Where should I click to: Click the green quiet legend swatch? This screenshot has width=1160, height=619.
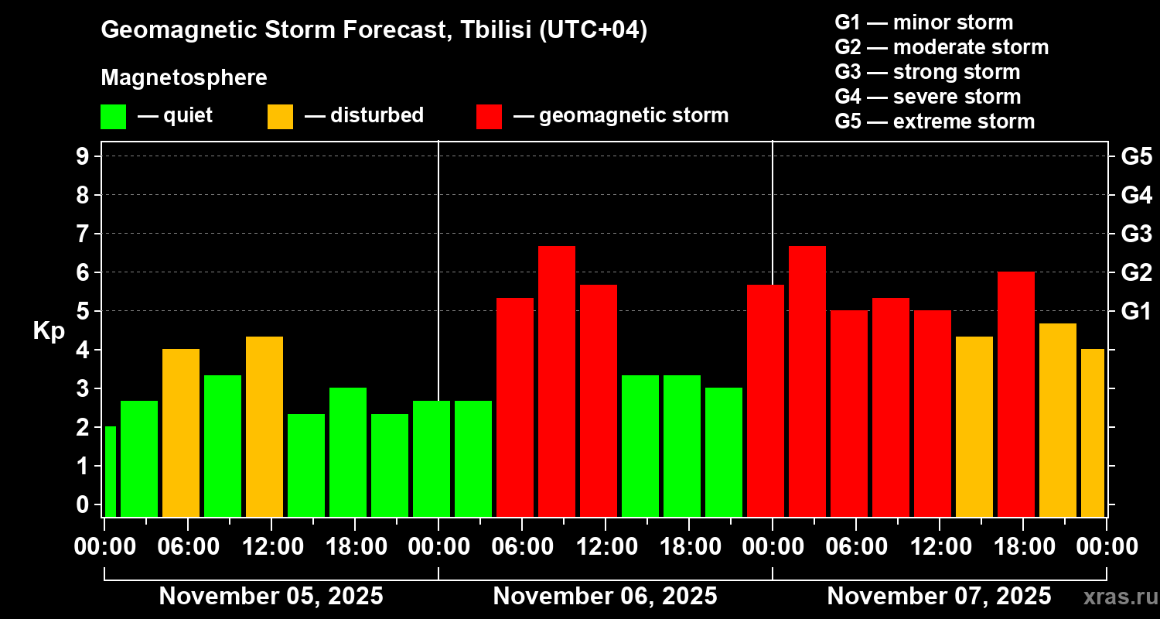point(113,116)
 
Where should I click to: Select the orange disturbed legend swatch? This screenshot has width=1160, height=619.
point(280,116)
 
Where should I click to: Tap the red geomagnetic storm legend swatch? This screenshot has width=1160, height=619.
point(489,116)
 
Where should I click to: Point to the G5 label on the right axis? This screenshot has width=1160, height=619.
point(1136,156)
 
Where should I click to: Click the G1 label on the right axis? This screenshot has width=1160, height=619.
point(1136,311)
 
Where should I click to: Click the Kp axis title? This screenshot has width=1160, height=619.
point(49,330)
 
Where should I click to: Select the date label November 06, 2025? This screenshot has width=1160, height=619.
point(605,597)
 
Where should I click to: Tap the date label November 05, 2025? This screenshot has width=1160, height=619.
point(271,597)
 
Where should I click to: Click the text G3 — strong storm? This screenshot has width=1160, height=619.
point(927,72)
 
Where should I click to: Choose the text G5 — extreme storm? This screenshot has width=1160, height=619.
point(934,121)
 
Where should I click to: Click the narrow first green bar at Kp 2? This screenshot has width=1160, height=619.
point(110,471)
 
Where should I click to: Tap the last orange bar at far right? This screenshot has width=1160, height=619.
point(1093,433)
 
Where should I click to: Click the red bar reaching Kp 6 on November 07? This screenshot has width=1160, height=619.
point(1016,394)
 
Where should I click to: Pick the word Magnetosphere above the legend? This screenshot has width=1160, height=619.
point(184,78)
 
